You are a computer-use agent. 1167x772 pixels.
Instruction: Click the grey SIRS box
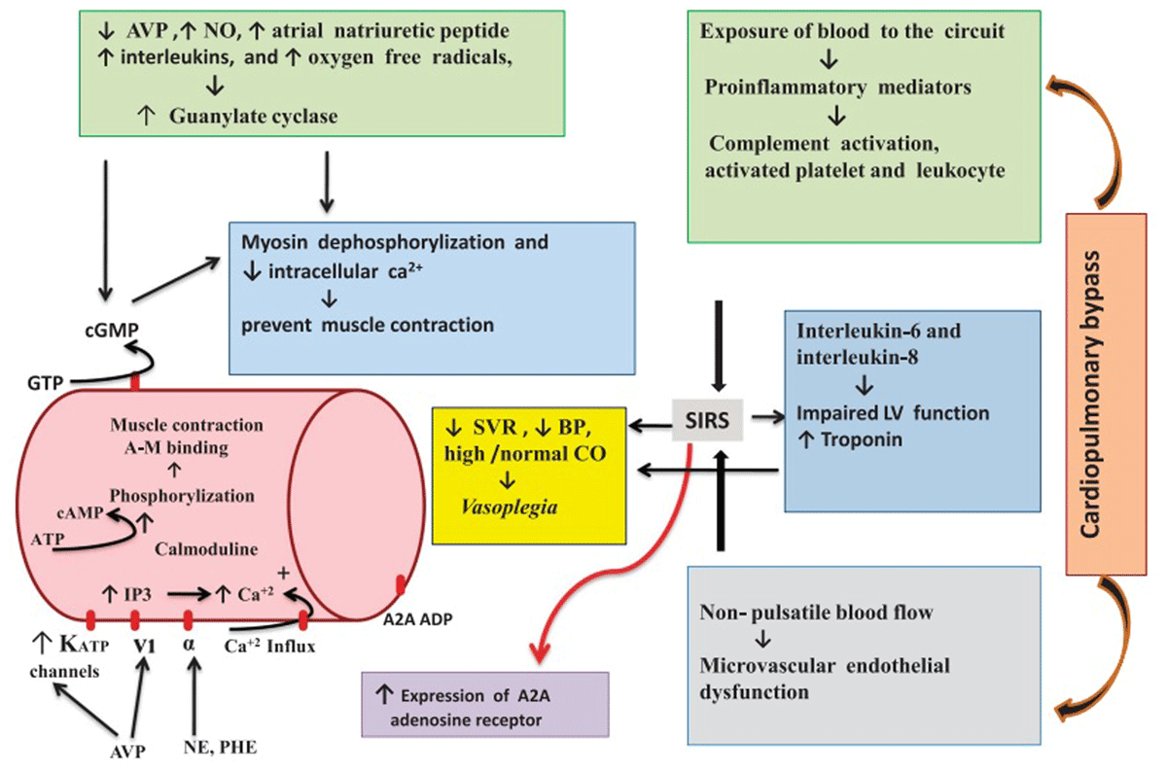click(707, 420)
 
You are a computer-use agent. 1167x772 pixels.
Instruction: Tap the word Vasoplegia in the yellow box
click(509, 508)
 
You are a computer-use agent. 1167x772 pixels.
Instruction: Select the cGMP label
click(112, 330)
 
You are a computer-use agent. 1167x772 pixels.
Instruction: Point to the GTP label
click(46, 383)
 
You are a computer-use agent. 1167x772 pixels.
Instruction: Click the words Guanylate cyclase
click(253, 116)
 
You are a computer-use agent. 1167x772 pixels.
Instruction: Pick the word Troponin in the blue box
click(862, 439)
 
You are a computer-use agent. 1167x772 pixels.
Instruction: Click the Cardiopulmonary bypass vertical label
click(1090, 395)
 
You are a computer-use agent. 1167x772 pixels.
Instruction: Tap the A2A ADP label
click(418, 619)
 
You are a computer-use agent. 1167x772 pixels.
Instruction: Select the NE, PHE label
click(220, 748)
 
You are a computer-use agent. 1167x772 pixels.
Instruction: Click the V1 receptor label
click(144, 646)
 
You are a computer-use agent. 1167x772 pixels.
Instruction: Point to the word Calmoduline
click(206, 549)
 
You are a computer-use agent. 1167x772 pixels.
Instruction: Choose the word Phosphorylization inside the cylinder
click(182, 496)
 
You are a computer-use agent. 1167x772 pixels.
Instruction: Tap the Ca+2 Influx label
click(270, 646)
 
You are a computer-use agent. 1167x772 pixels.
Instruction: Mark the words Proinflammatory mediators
click(837, 87)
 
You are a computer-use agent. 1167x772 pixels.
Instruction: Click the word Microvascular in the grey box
click(767, 666)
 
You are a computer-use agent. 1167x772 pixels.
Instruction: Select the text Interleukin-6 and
click(879, 331)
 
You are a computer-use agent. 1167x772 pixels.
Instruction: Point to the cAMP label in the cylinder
click(80, 513)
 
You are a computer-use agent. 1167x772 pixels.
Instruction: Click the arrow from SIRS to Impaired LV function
click(768, 417)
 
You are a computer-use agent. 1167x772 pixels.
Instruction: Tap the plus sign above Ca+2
click(283, 574)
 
